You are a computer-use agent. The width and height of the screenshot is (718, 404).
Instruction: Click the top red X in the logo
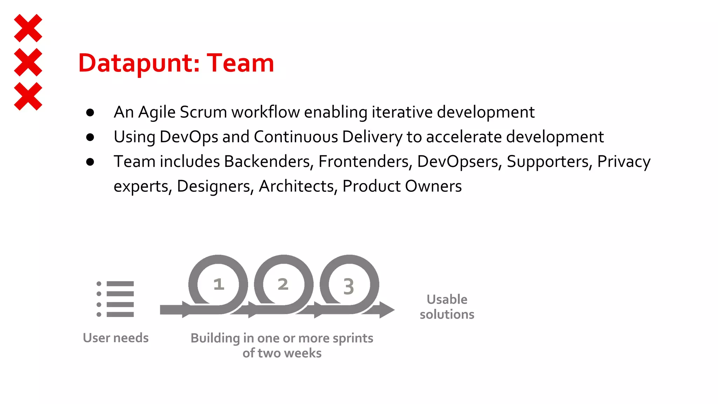(28, 28)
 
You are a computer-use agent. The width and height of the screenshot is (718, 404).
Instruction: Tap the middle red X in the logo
(28, 62)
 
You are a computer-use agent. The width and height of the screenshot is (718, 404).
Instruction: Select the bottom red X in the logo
(28, 96)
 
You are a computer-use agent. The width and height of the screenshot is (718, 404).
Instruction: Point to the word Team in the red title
(240, 63)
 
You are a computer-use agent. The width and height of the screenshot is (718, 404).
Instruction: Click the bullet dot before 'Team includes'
(90, 162)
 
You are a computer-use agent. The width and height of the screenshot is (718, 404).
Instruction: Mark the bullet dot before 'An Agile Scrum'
(90, 113)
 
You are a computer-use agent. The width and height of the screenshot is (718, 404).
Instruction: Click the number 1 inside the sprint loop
(219, 284)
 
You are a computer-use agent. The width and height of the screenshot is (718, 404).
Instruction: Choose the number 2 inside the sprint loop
(283, 284)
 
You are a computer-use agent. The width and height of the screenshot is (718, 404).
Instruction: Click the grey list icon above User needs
(115, 299)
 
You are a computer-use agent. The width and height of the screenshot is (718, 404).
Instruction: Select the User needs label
(116, 338)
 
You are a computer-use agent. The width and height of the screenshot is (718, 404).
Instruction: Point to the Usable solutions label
(447, 307)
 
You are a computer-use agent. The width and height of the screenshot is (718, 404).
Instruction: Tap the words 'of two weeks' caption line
(282, 353)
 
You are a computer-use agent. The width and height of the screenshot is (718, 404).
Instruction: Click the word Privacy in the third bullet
(624, 162)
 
